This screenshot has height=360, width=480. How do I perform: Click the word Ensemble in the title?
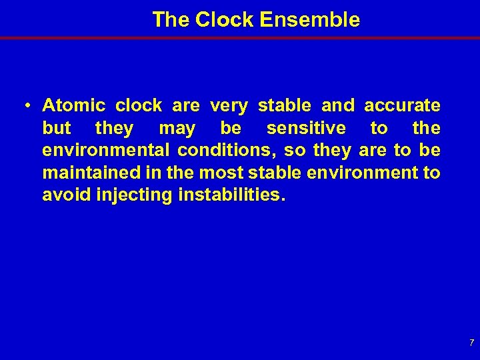point(310,20)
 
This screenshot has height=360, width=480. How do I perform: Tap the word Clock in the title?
point(225,20)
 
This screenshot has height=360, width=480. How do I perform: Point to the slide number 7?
point(471,343)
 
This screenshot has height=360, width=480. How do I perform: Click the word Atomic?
point(74,105)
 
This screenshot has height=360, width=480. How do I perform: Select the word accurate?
point(402,105)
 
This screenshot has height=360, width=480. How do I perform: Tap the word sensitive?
point(306,128)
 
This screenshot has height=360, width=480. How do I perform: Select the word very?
point(229,105)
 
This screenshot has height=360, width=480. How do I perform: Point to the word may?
point(177,128)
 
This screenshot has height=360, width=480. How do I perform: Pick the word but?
point(57,128)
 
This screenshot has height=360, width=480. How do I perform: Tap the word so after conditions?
point(293,151)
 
